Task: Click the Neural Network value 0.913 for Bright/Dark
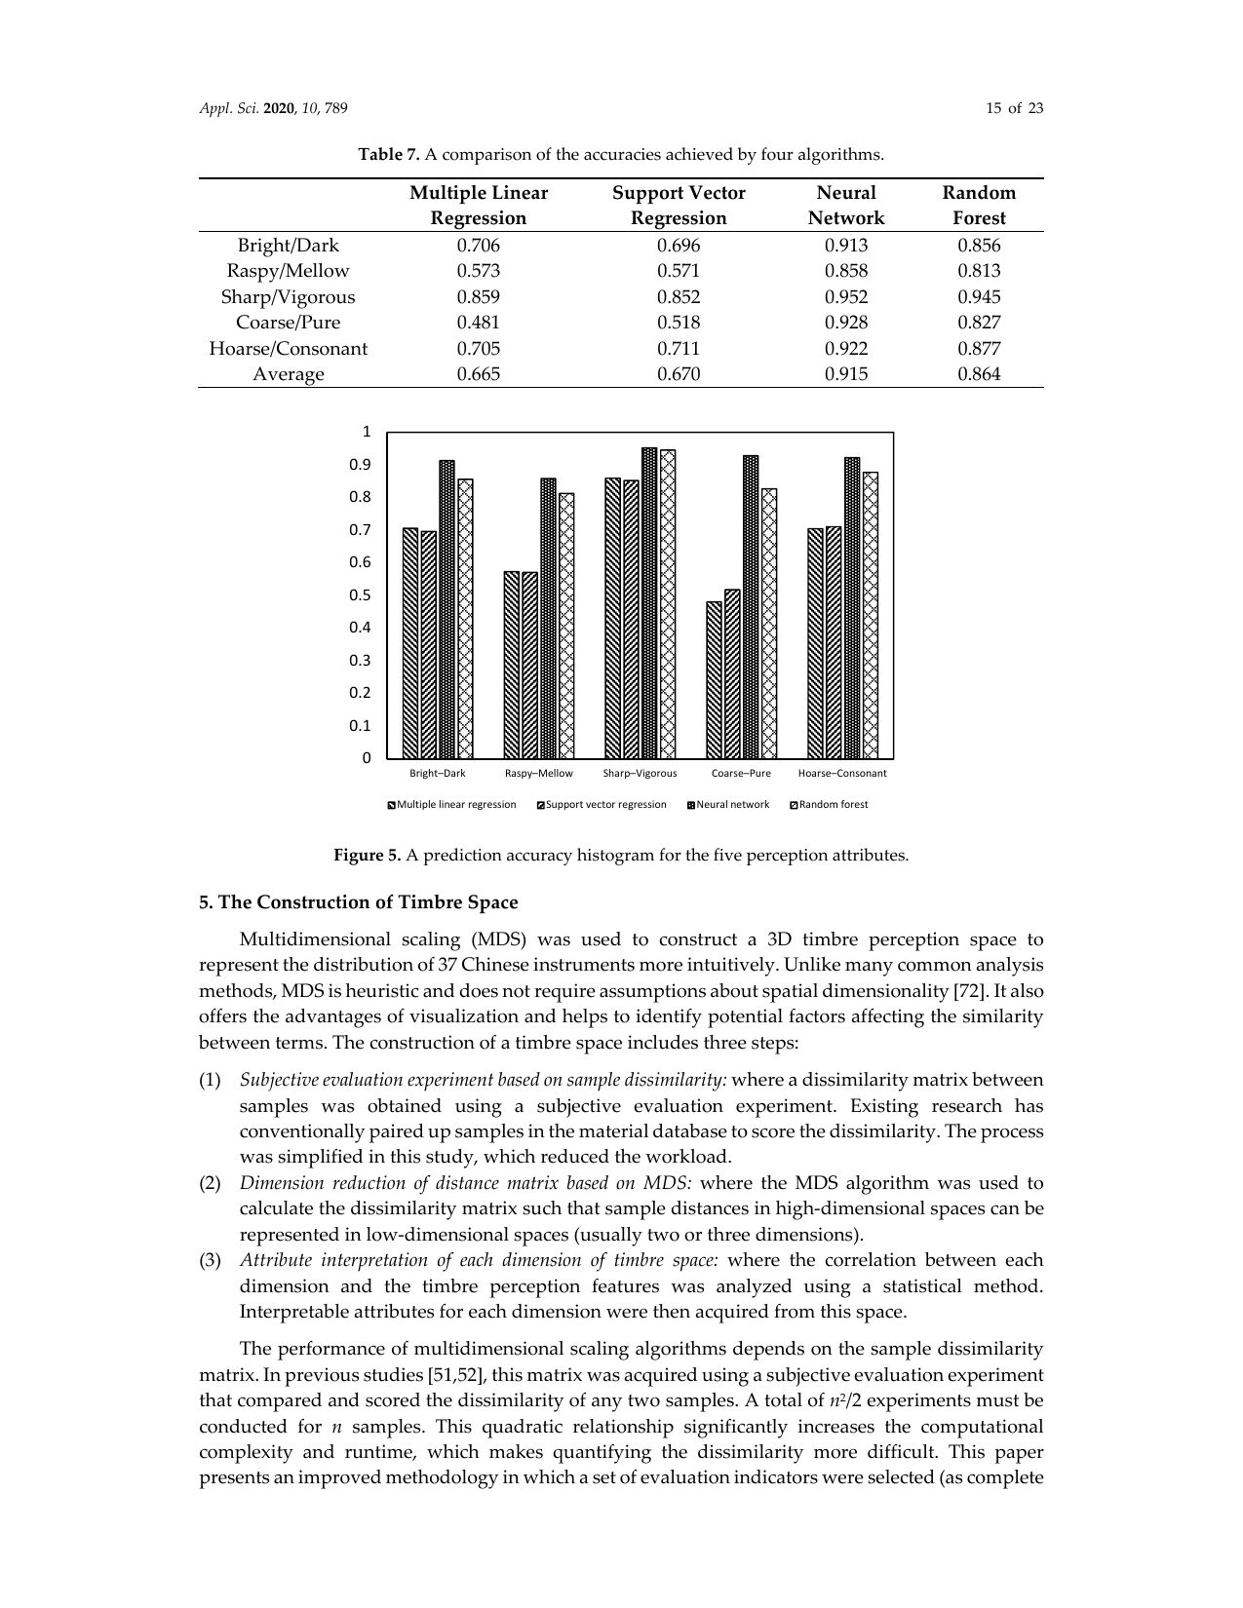[x=845, y=246]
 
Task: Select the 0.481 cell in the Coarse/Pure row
[x=478, y=323]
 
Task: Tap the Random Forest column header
[x=979, y=206]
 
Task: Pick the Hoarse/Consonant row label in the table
[x=289, y=349]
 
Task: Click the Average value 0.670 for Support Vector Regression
[x=678, y=374]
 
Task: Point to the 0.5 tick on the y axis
[x=361, y=595]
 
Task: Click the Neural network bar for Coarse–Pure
[x=751, y=606]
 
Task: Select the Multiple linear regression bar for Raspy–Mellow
[x=512, y=665]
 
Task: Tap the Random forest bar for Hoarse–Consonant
[x=871, y=615]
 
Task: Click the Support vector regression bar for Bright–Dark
[x=429, y=644]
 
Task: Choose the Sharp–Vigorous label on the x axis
[x=640, y=774]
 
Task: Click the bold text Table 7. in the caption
[x=389, y=155]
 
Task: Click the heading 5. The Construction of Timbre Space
[x=358, y=902]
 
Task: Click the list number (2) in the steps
[x=211, y=1183]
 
